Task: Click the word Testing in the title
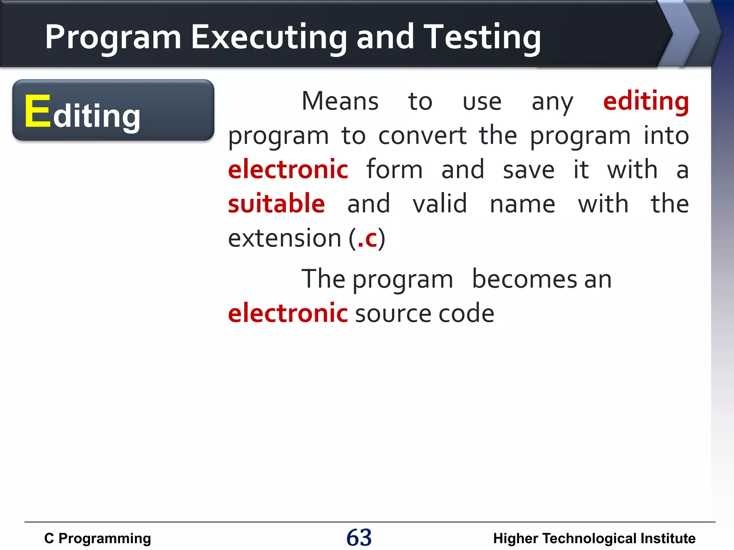tap(482, 38)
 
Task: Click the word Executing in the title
tap(269, 38)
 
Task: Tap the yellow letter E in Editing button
tap(37, 111)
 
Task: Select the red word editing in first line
tap(646, 102)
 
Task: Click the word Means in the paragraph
tap(340, 102)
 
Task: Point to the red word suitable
tap(276, 204)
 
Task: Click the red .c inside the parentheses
tap(367, 238)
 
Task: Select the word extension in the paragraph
tap(285, 238)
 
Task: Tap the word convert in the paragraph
tap(422, 136)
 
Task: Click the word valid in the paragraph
tap(440, 204)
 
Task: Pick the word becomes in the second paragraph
tap(524, 279)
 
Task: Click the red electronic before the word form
tap(288, 170)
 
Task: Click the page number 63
tap(359, 537)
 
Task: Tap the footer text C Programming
tap(97, 539)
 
